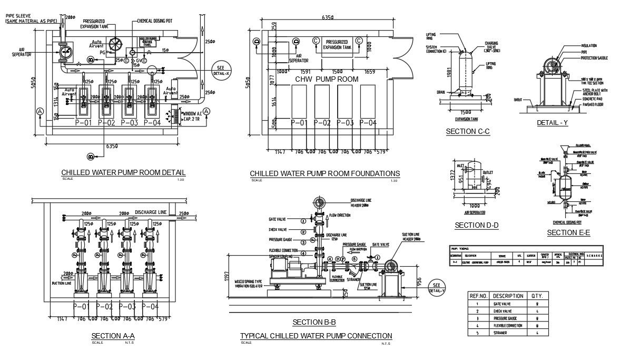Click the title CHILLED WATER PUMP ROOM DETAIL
[123, 172]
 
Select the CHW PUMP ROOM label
[327, 79]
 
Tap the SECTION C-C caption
[468, 131]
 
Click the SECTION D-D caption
[476, 226]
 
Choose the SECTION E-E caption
[568, 232]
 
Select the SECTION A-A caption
[113, 336]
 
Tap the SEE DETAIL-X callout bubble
[220, 71]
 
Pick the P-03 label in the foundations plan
[345, 123]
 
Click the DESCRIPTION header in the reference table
[508, 296]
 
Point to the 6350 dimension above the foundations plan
[327, 17]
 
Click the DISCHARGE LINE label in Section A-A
[151, 212]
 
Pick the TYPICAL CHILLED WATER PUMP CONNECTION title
[316, 336]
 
